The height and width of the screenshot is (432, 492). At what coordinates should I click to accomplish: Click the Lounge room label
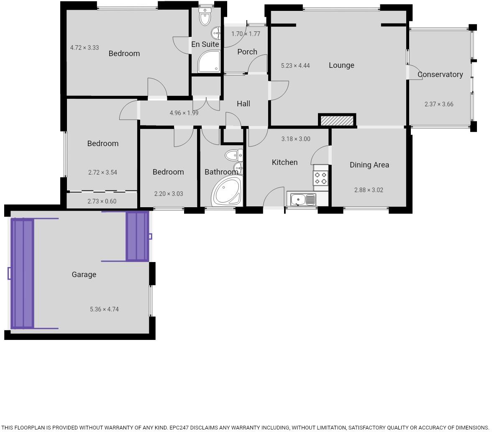(x=341, y=65)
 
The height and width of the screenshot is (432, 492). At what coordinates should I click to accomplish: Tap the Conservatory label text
(x=440, y=75)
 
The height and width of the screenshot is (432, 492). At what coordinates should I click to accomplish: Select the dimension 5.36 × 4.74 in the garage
(x=104, y=309)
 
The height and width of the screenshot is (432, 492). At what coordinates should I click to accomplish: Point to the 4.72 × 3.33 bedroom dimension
(x=85, y=48)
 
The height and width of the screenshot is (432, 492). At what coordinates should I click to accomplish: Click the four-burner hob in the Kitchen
(x=321, y=178)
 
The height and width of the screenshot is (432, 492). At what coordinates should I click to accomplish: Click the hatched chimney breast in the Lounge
(x=337, y=121)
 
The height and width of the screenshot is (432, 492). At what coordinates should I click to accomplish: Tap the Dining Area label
(x=369, y=165)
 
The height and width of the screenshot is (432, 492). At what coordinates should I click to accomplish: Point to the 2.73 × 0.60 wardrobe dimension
(x=102, y=201)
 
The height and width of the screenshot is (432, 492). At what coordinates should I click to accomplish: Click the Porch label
(x=247, y=52)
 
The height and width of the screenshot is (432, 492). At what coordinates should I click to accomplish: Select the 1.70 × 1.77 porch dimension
(x=246, y=34)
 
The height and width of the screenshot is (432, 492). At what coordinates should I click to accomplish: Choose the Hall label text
(x=243, y=104)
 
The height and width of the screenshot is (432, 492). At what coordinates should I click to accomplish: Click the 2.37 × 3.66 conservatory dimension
(x=439, y=104)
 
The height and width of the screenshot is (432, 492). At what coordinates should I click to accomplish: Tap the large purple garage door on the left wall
(x=22, y=273)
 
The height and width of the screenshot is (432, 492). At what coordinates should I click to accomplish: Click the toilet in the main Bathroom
(x=233, y=156)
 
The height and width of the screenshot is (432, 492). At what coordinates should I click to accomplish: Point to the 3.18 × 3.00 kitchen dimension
(x=296, y=139)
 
